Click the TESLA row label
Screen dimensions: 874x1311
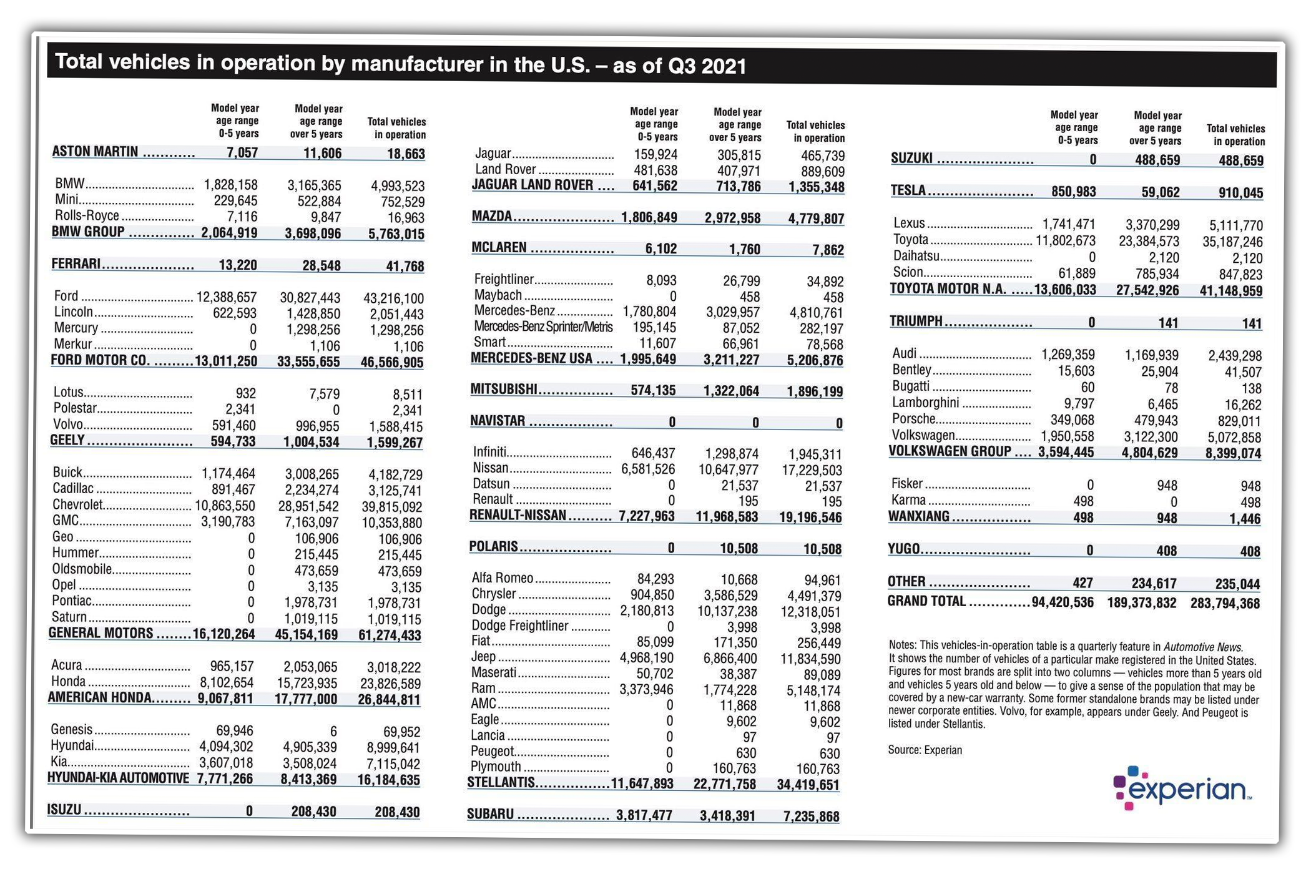[x=908, y=190]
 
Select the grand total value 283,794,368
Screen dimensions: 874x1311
[x=1224, y=603]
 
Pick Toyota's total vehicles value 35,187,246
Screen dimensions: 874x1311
[x=1232, y=242]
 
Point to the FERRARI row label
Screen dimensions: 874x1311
[x=76, y=263]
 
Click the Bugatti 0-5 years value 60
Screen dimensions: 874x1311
[x=1088, y=387]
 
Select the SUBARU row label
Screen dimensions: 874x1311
[x=490, y=814]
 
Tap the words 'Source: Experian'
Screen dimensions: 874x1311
[x=925, y=750]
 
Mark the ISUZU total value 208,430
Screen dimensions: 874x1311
[x=396, y=812]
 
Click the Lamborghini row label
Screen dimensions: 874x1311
[x=925, y=403]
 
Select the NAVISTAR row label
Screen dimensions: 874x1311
[x=497, y=421]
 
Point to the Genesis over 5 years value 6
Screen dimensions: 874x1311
[x=333, y=730]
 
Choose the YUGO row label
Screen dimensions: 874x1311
[x=903, y=549]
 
